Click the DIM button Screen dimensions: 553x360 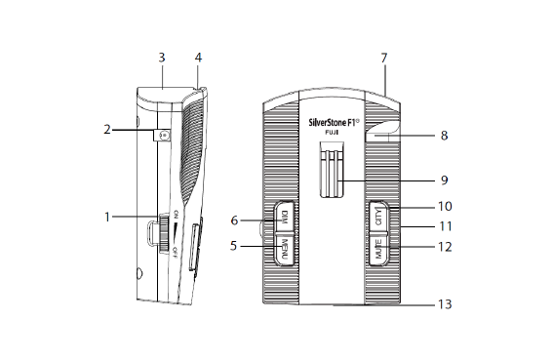pos(284,217)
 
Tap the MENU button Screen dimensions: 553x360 pos(284,249)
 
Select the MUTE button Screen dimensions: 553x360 pos(378,249)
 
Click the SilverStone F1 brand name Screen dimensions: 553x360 pos(334,123)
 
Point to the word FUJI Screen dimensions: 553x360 pos(332,133)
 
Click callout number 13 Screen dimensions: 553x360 pos(445,304)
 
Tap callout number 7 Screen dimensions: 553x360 pos(384,58)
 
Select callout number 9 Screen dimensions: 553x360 pos(445,180)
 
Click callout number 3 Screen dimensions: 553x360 pos(162,58)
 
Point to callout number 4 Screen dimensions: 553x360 pos(198,58)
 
